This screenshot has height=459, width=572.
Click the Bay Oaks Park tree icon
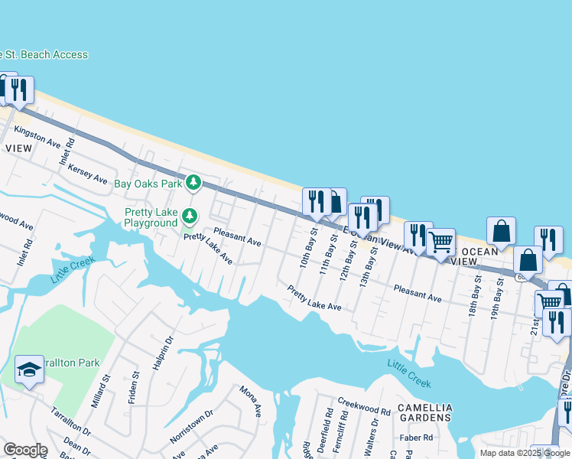tap(194, 183)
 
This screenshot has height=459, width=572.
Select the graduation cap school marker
tap(29, 370)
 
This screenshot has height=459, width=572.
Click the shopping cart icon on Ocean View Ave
tap(440, 243)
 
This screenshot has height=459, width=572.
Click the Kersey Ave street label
tap(87, 173)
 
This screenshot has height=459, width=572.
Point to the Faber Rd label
tap(417, 438)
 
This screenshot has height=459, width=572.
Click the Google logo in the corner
tap(25, 450)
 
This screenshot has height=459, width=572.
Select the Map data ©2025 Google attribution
tap(524, 453)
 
